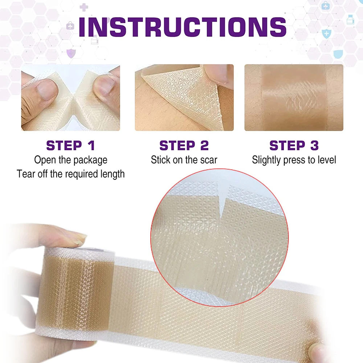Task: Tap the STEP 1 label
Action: (70, 146)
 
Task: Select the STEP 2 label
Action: (184, 146)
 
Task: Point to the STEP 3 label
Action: (294, 146)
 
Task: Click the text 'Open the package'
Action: (71, 160)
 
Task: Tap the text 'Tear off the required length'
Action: (71, 174)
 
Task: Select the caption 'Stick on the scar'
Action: (184, 160)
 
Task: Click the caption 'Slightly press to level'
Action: (294, 160)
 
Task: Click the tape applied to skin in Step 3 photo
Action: (294, 98)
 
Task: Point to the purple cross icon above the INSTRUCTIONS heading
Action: (84, 7)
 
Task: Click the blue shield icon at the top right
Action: (327, 34)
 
